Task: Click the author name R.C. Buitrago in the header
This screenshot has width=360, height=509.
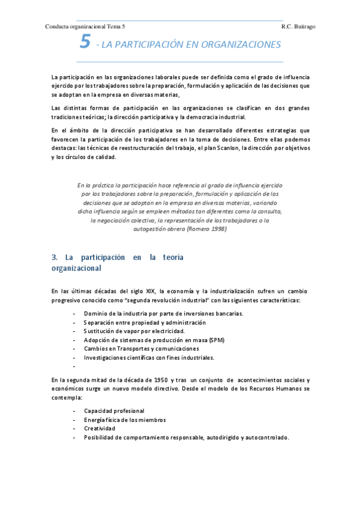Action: tap(298, 27)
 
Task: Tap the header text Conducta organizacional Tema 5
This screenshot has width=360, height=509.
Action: tap(85, 27)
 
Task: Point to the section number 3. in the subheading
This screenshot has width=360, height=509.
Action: tap(55, 258)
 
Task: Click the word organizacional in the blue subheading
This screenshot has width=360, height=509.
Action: tap(76, 268)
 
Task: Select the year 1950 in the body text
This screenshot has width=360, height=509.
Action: tap(160, 380)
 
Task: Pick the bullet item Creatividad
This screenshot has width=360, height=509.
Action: tap(100, 429)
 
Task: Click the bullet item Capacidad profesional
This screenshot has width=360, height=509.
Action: tap(114, 411)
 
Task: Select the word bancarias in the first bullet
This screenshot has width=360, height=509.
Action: tap(227, 313)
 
